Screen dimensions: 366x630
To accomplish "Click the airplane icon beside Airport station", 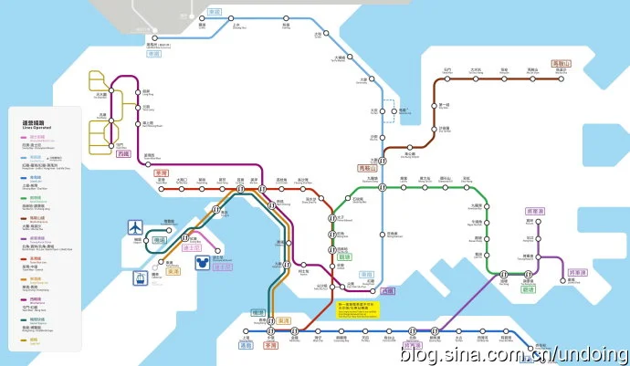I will [136, 225].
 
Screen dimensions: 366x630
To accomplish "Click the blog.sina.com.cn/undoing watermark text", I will [512, 353].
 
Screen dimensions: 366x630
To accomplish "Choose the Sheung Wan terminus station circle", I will [246, 337].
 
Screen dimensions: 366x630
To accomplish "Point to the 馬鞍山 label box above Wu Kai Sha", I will [561, 63].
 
